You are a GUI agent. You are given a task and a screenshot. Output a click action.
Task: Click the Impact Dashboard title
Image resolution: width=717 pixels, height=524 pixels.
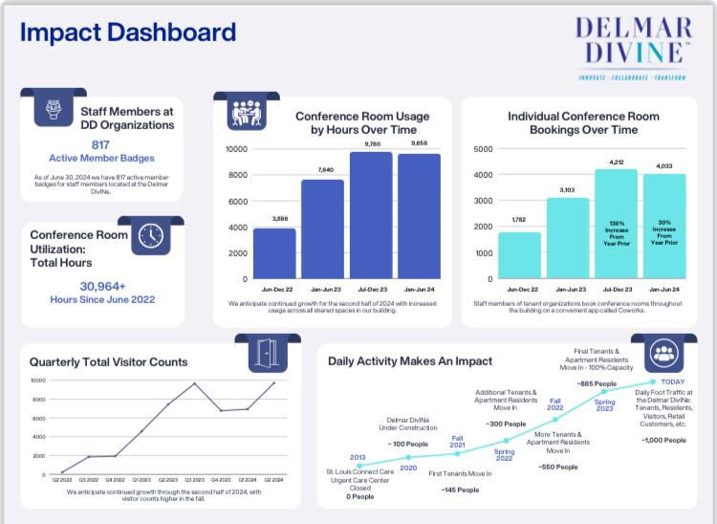[x=127, y=33]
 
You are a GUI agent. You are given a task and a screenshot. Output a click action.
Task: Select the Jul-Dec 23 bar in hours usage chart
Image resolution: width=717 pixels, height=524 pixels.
[x=370, y=215]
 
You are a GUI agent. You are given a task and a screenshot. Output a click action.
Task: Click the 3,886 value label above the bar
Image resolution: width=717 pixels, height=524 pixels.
[x=273, y=219]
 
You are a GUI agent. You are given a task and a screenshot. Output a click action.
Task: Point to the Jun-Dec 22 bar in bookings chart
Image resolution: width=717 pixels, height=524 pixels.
[x=519, y=255]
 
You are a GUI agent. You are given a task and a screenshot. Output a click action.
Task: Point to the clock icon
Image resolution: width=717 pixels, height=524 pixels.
[x=150, y=236]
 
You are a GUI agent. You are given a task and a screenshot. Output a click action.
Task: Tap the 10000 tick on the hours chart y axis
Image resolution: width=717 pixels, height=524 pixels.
[x=236, y=149]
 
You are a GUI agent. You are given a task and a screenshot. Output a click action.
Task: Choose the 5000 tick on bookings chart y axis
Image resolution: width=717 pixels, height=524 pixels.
[x=483, y=149]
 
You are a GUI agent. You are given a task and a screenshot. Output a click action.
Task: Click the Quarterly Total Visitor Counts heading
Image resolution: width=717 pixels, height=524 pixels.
[x=108, y=362]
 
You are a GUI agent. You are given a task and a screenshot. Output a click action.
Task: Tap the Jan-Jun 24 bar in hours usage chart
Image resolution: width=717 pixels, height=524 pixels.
[x=419, y=216]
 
